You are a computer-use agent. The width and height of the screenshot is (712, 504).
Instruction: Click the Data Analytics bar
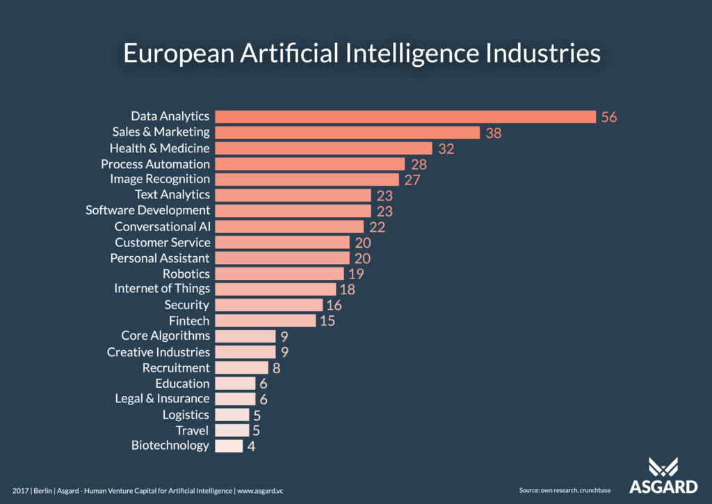click(x=405, y=116)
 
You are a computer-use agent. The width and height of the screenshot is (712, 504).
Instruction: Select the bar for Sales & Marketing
click(x=348, y=132)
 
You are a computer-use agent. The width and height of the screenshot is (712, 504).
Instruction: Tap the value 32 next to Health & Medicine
click(x=446, y=148)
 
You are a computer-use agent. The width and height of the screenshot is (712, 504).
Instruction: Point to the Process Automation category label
click(x=155, y=164)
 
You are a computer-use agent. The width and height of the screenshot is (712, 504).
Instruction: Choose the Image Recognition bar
click(x=307, y=180)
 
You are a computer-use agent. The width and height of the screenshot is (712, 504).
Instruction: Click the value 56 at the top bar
click(x=609, y=117)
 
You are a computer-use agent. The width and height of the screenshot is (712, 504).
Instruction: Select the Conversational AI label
click(x=162, y=227)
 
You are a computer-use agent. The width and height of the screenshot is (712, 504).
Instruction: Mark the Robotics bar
click(x=280, y=274)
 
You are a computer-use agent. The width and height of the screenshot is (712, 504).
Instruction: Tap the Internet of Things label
click(x=162, y=289)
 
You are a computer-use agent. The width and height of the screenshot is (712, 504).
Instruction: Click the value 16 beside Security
click(x=334, y=305)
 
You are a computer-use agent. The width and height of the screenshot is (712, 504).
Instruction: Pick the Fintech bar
click(x=266, y=321)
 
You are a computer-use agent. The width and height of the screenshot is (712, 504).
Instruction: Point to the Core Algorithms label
click(x=165, y=336)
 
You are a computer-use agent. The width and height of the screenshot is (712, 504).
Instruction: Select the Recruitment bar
click(x=241, y=368)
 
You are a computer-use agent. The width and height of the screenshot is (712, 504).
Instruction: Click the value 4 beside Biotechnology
click(x=251, y=446)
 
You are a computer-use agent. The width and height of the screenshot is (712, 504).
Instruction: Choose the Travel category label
click(x=192, y=431)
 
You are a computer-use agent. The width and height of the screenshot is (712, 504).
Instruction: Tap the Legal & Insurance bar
click(x=235, y=399)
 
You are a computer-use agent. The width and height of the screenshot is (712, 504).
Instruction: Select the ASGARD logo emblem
click(x=663, y=468)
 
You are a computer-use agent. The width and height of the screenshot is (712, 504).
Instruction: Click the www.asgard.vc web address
click(x=260, y=491)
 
